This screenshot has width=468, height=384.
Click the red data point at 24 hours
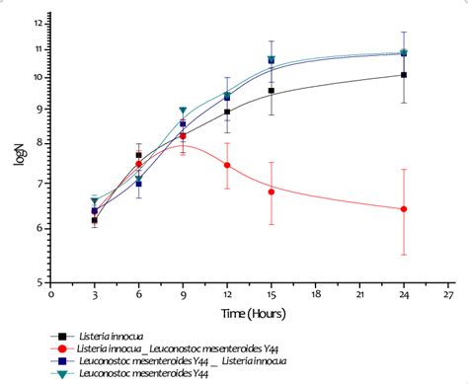tap(404, 209)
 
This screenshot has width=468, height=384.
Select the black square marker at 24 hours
tap(404, 75)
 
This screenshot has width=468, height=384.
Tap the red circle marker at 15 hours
tap(272, 192)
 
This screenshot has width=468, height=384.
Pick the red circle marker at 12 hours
tap(228, 165)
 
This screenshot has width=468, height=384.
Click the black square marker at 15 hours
tap(272, 91)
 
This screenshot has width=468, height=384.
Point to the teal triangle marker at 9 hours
tap(183, 112)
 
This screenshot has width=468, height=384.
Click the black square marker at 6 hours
tap(139, 155)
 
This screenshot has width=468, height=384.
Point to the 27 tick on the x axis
tap(448, 293)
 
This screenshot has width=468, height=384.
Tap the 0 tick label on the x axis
tap(51, 293)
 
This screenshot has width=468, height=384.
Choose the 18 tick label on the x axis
tap(316, 293)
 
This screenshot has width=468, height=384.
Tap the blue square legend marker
tap(62, 361)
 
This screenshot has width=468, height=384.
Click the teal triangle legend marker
tap(62, 374)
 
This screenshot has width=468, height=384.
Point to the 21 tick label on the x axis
tap(359, 293)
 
